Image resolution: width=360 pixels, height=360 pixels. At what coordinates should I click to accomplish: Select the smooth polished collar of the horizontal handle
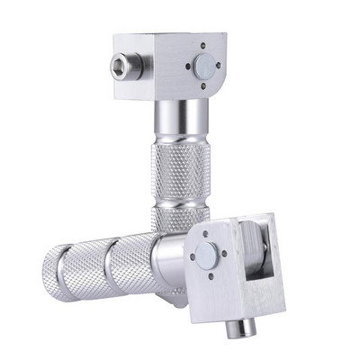click(x=166, y=261)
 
